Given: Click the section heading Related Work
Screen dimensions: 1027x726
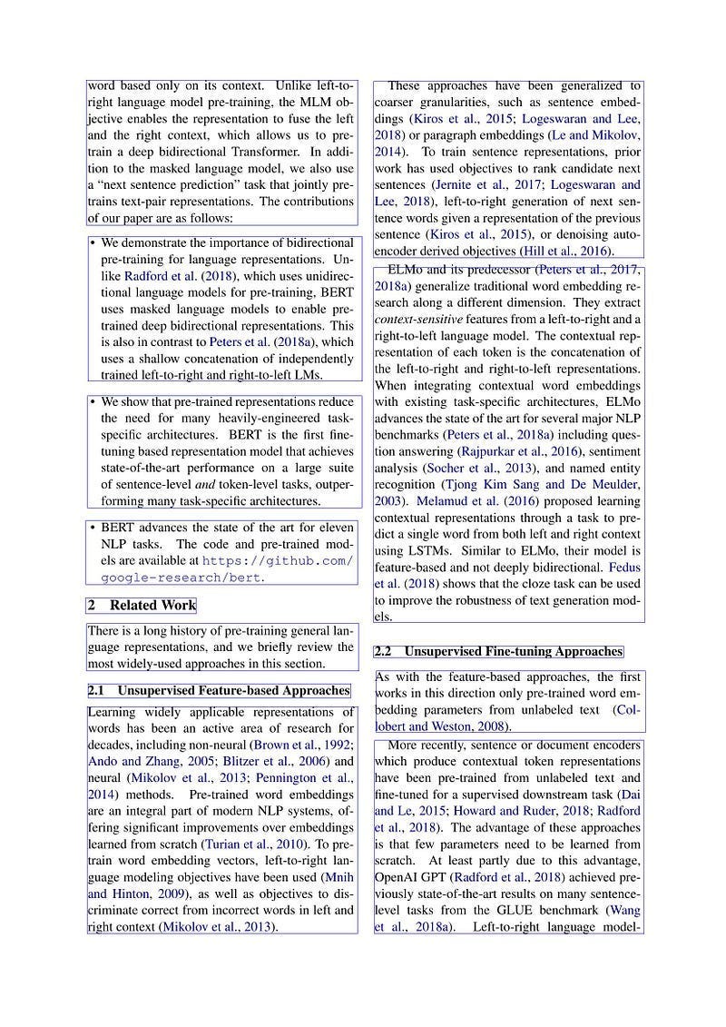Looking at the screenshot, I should point(152,606).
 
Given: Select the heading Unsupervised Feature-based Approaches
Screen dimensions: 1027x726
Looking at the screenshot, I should point(233,691).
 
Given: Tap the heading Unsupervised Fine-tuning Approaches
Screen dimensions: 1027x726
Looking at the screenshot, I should point(513,652).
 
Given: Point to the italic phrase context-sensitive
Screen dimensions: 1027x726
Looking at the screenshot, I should point(417,320).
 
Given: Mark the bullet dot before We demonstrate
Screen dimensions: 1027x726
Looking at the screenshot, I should point(93,243).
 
